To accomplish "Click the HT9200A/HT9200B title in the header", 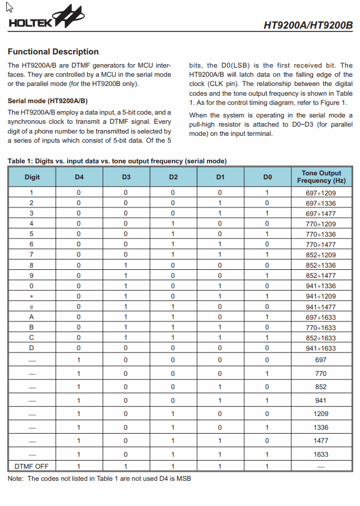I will (308, 25).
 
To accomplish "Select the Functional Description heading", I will (53, 52).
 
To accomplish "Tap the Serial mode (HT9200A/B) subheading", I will (48, 101).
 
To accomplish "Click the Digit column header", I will (32, 177).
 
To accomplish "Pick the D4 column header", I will (79, 177).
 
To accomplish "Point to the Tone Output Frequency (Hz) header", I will (321, 176).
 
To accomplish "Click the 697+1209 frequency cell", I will (321, 193).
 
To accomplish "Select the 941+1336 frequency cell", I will (321, 286).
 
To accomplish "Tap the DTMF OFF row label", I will (32, 466).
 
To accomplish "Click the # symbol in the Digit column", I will (32, 307).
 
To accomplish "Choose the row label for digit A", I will (32, 317).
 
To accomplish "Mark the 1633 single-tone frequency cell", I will (321, 454).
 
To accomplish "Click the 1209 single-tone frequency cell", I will (321, 414).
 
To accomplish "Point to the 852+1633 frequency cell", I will (321, 338).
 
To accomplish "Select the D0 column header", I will (267, 177).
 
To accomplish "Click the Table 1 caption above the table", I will (117, 161).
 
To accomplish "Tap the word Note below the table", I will (16, 478).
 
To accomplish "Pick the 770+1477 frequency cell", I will (321, 244).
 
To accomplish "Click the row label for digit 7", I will (32, 254).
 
